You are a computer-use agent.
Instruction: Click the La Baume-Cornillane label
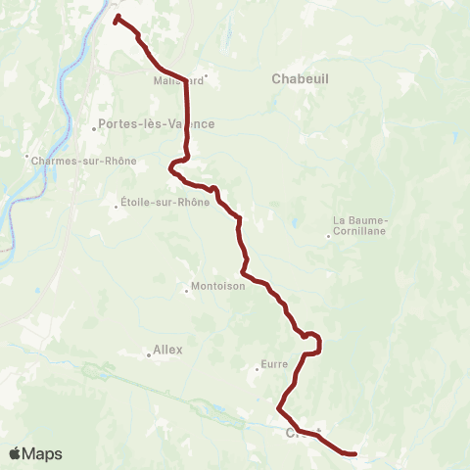[x=361, y=226]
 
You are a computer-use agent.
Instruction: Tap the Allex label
[x=168, y=350]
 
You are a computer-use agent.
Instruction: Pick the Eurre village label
[x=274, y=365]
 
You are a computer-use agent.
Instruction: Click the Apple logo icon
[x=17, y=453]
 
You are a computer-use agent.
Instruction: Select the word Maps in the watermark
[x=44, y=453]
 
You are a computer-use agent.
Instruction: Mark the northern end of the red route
[x=117, y=18]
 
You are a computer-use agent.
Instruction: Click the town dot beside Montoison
[x=186, y=289]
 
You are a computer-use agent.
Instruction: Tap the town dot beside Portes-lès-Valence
[x=95, y=125]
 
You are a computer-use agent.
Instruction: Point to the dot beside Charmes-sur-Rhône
[x=27, y=155]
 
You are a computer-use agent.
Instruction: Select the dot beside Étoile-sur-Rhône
[x=115, y=204]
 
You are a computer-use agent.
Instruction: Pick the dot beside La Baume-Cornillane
[x=328, y=235]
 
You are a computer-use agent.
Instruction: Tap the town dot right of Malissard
[x=206, y=74]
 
